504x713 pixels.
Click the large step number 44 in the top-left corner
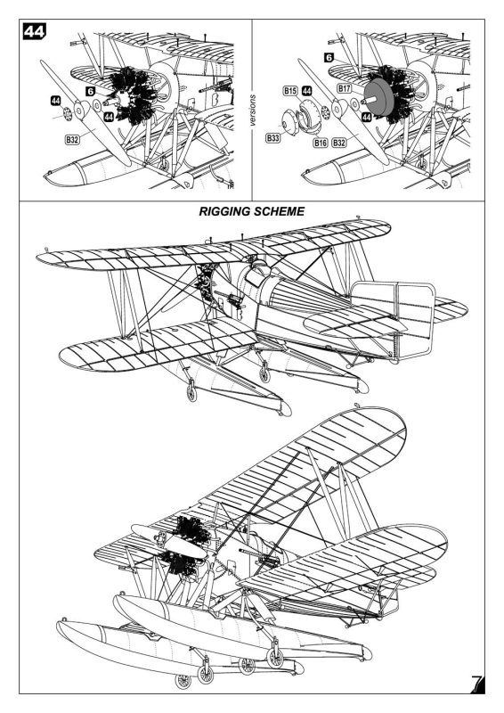(35, 31)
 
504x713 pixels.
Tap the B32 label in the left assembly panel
(72, 140)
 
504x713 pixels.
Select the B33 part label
(273, 137)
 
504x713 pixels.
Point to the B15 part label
(290, 91)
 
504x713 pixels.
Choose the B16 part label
(321, 143)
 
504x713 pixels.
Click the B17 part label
(344, 88)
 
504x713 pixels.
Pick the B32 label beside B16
(338, 143)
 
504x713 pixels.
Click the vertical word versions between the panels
(252, 110)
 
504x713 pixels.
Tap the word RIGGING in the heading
(224, 211)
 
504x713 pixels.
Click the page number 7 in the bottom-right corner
(477, 684)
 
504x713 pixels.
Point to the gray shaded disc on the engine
(378, 98)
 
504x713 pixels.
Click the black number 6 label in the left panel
(91, 92)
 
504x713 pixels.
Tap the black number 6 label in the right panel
(329, 57)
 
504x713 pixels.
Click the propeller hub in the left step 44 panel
(80, 109)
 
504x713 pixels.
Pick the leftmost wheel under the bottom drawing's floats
(183, 681)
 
